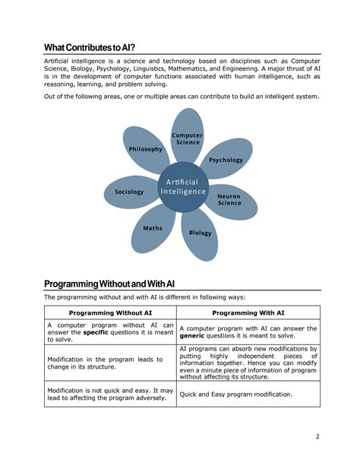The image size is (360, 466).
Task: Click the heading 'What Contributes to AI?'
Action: pyautogui.click(x=94, y=47)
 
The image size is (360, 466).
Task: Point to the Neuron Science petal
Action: pyautogui.click(x=230, y=199)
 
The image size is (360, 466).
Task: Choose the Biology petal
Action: pyautogui.click(x=201, y=233)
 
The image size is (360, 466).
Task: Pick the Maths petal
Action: pyautogui.click(x=153, y=228)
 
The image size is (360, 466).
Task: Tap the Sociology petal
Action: pyautogui.click(x=130, y=192)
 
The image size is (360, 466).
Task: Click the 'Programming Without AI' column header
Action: pyautogui.click(x=110, y=312)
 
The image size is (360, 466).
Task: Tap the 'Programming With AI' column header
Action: pyautogui.click(x=248, y=312)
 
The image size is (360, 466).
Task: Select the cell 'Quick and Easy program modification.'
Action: pyautogui.click(x=235, y=394)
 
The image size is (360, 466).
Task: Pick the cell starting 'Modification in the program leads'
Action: pyautogui.click(x=110, y=363)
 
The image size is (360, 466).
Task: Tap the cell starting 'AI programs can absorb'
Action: pyautogui.click(x=248, y=363)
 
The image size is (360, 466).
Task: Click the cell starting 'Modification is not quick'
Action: pyautogui.click(x=110, y=394)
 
